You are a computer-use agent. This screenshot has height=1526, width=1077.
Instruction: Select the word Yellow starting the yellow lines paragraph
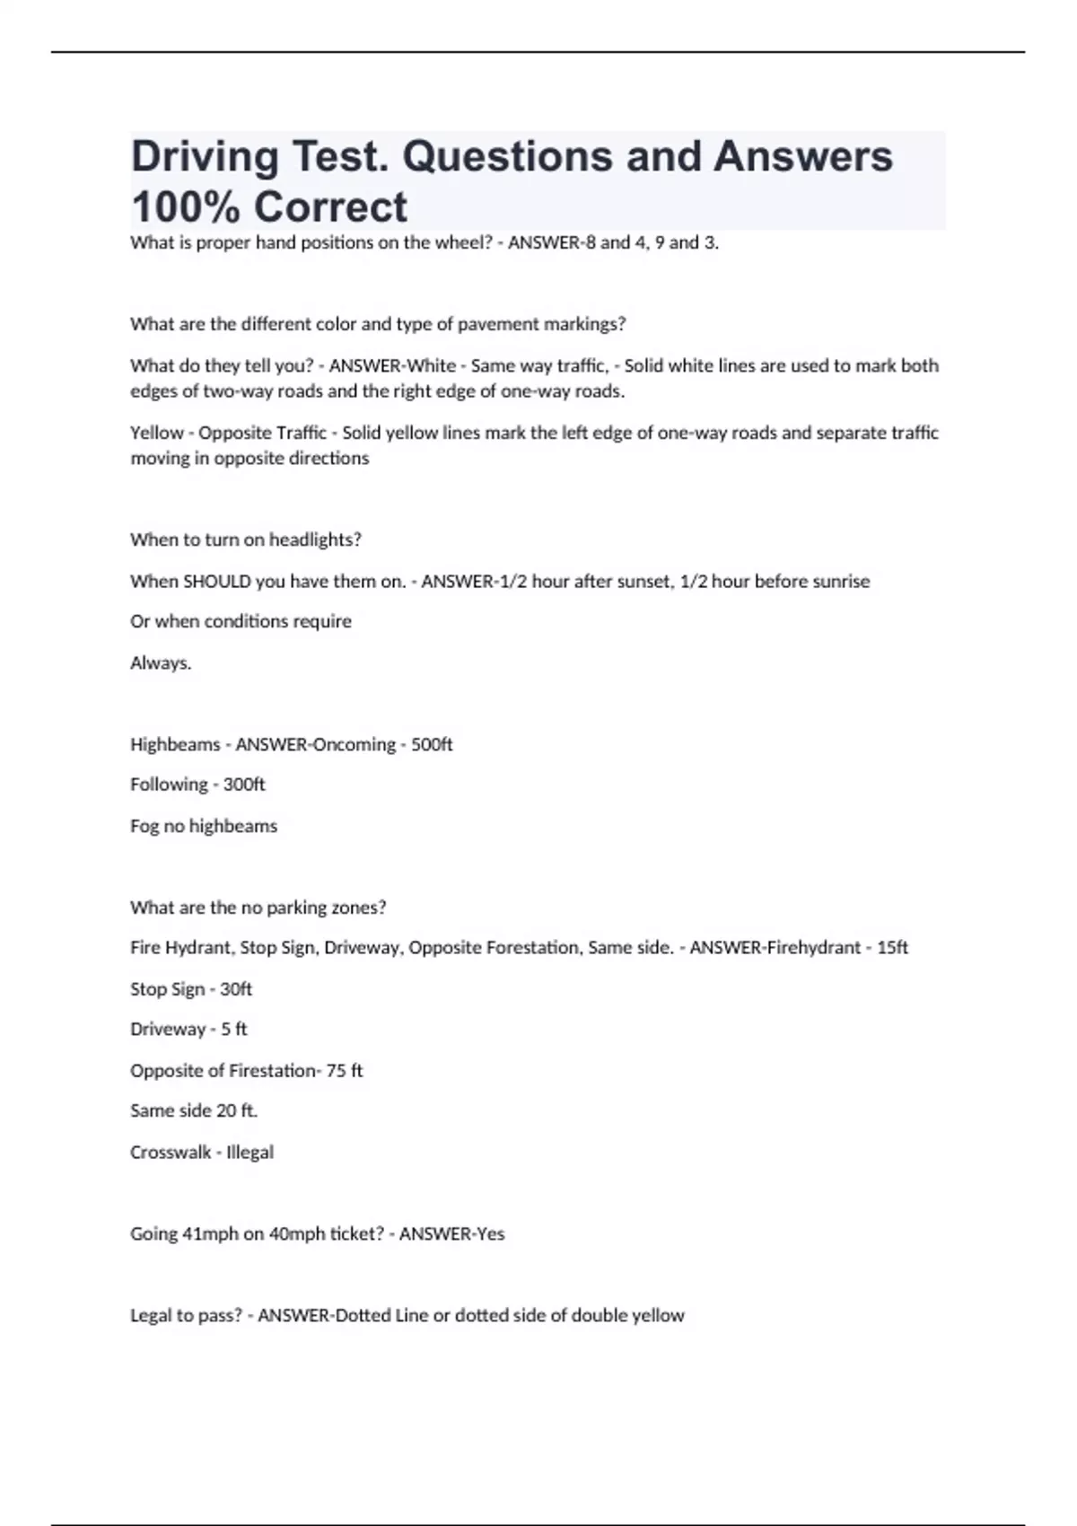pyautogui.click(x=156, y=433)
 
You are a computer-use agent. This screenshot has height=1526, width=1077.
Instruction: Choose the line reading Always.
pyautogui.click(x=161, y=663)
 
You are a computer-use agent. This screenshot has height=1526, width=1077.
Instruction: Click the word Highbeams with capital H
pyautogui.click(x=175, y=744)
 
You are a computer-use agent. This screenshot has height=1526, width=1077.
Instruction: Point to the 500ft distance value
pyautogui.click(x=432, y=744)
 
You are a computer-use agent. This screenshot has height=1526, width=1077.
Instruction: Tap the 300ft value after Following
pyautogui.click(x=244, y=785)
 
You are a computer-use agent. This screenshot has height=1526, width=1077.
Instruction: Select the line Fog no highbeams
pyautogui.click(x=204, y=826)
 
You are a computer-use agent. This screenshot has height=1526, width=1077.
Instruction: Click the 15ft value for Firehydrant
pyautogui.click(x=892, y=948)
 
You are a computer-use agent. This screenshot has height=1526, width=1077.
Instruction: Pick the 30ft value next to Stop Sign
pyautogui.click(x=236, y=989)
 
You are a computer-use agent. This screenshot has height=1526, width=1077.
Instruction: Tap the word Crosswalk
pyautogui.click(x=171, y=1153)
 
